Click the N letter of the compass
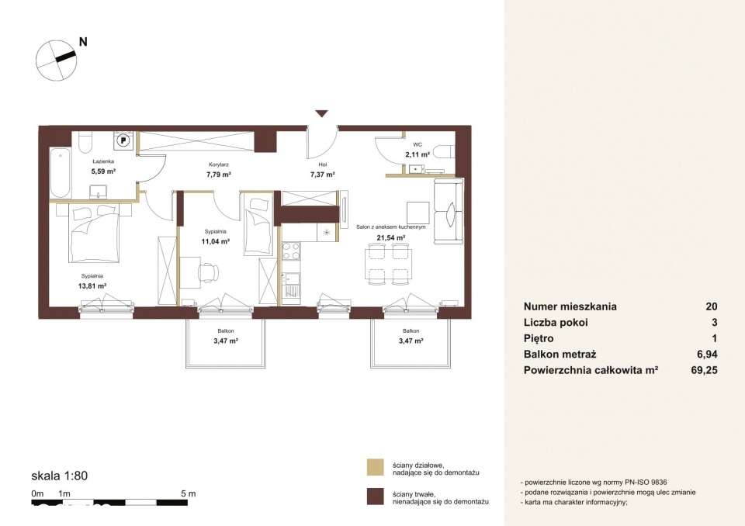pyautogui.click(x=83, y=42)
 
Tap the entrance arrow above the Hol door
pyautogui.click(x=322, y=113)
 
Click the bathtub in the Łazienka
pyautogui.click(x=61, y=173)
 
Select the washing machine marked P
pyautogui.click(x=124, y=140)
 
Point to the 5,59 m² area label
pyautogui.click(x=103, y=171)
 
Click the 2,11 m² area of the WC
pyautogui.click(x=418, y=154)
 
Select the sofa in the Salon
pyautogui.click(x=448, y=212)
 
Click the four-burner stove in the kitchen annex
pyautogui.click(x=291, y=251)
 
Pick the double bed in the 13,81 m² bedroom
pyautogui.click(x=94, y=234)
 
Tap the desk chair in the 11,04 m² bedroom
pyautogui.click(x=209, y=273)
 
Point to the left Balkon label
pyautogui.click(x=226, y=330)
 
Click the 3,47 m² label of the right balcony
pyautogui.click(x=411, y=341)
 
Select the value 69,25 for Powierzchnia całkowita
pyautogui.click(x=704, y=370)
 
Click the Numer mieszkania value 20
pyautogui.click(x=712, y=306)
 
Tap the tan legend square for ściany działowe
pyautogui.click(x=376, y=468)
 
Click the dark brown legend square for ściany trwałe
pyautogui.click(x=376, y=497)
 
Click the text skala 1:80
pyautogui.click(x=60, y=476)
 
